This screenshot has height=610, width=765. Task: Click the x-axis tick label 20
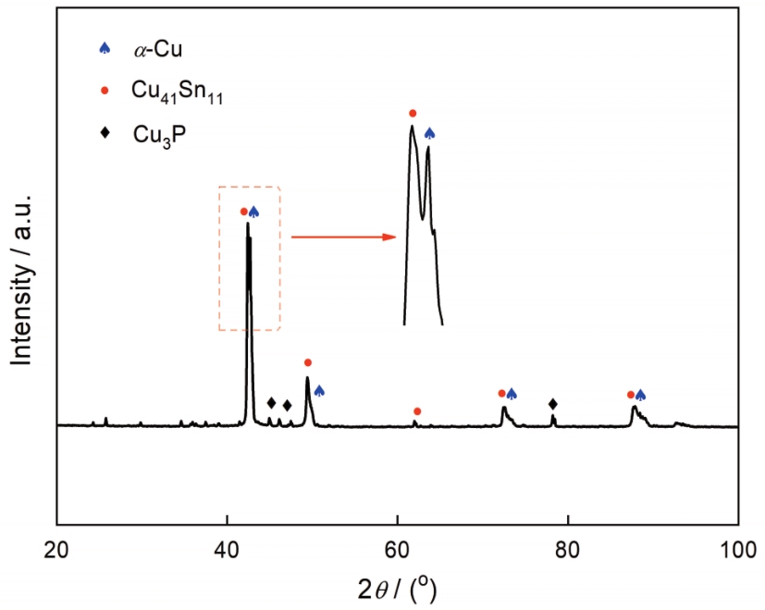click(57, 545)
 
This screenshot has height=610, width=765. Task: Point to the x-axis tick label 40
click(227, 545)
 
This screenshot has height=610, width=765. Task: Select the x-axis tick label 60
click(397, 545)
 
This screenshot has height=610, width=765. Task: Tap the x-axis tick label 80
click(567, 545)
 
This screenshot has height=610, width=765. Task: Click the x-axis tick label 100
click(737, 545)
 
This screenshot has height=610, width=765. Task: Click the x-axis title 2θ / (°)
click(397, 585)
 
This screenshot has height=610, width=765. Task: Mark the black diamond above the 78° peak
click(553, 404)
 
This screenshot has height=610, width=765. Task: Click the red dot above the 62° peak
click(417, 410)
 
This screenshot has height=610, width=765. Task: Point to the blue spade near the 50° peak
click(319, 391)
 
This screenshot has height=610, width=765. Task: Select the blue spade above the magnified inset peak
click(429, 134)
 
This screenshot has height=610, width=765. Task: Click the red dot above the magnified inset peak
click(413, 113)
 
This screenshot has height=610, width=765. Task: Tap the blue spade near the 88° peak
click(640, 395)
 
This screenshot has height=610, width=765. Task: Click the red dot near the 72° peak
click(501, 394)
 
